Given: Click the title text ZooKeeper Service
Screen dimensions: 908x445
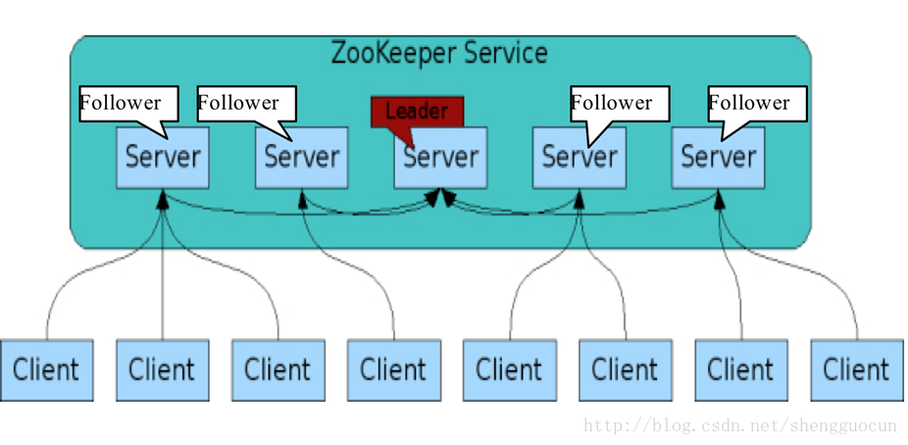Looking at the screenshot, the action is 439,53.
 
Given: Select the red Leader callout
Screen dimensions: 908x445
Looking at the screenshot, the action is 417,113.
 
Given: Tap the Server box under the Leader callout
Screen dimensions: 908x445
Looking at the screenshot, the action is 440,158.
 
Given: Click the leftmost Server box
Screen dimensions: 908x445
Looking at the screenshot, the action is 163,158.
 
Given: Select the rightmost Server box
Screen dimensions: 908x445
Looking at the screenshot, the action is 718,158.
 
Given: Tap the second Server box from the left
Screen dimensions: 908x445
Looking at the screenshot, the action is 302,158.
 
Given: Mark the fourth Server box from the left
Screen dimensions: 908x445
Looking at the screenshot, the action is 580,158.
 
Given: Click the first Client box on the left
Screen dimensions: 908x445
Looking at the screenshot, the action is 46,371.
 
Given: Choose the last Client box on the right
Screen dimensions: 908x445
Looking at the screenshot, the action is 857,371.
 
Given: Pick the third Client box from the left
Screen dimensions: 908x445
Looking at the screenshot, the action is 277,371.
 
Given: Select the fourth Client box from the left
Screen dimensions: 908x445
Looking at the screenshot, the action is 394,371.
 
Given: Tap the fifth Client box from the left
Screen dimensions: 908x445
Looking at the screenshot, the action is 510,371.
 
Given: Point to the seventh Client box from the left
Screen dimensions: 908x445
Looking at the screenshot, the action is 741,371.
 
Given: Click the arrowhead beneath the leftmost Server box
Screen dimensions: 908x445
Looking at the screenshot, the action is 163,199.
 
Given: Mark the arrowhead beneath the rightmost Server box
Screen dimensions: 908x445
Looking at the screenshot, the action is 719,199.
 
